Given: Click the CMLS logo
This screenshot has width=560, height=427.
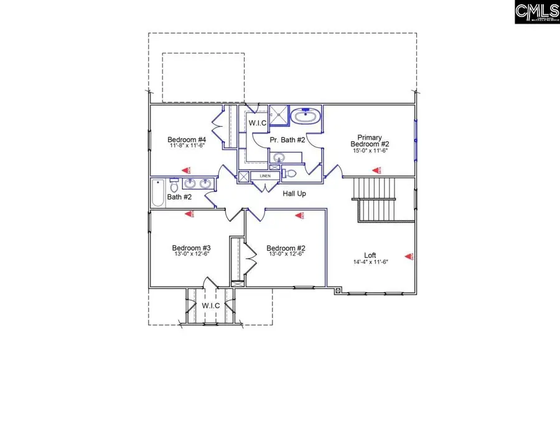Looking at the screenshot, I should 536,12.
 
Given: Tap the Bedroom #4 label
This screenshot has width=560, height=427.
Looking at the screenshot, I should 187,139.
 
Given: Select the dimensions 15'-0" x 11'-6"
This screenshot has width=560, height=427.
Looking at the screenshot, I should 369,151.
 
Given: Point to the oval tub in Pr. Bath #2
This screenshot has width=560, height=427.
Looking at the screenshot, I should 306,116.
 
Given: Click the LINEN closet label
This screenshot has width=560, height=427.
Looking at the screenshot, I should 265,177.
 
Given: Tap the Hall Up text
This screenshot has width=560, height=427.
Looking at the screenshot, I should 294,193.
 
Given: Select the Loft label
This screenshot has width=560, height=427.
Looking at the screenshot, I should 370,255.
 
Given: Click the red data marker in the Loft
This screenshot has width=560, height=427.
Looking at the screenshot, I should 409,255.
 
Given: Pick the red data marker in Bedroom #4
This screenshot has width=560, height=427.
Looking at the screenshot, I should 184,169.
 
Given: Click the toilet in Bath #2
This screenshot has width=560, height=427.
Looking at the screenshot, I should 175,185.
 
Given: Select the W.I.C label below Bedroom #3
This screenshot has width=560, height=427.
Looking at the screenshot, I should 210,306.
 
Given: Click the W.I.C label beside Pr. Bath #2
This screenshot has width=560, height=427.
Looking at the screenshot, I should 258,123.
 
